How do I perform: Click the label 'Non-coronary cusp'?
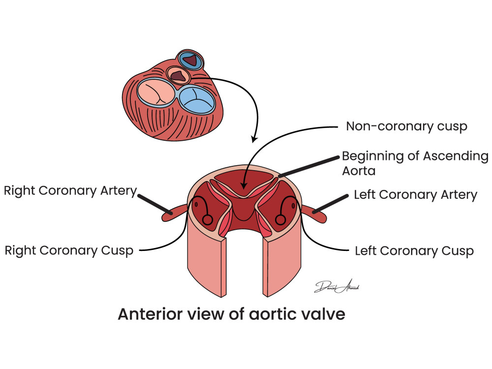407,126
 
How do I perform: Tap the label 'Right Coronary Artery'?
70,191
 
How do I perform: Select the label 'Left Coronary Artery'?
415,195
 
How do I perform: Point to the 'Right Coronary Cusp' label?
69,251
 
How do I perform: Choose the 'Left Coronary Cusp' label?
414,251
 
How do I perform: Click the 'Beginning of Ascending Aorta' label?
415,163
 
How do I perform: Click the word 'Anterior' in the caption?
149,314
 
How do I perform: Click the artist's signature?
337,286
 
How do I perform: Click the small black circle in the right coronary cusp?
208,219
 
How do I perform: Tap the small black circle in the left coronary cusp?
280,219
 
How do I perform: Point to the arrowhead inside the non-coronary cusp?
244,186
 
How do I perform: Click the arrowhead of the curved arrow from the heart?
254,139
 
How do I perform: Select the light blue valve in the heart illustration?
197,100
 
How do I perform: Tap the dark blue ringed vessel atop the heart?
190,60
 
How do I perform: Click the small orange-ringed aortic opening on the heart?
178,75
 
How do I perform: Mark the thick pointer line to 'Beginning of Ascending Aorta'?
309,166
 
